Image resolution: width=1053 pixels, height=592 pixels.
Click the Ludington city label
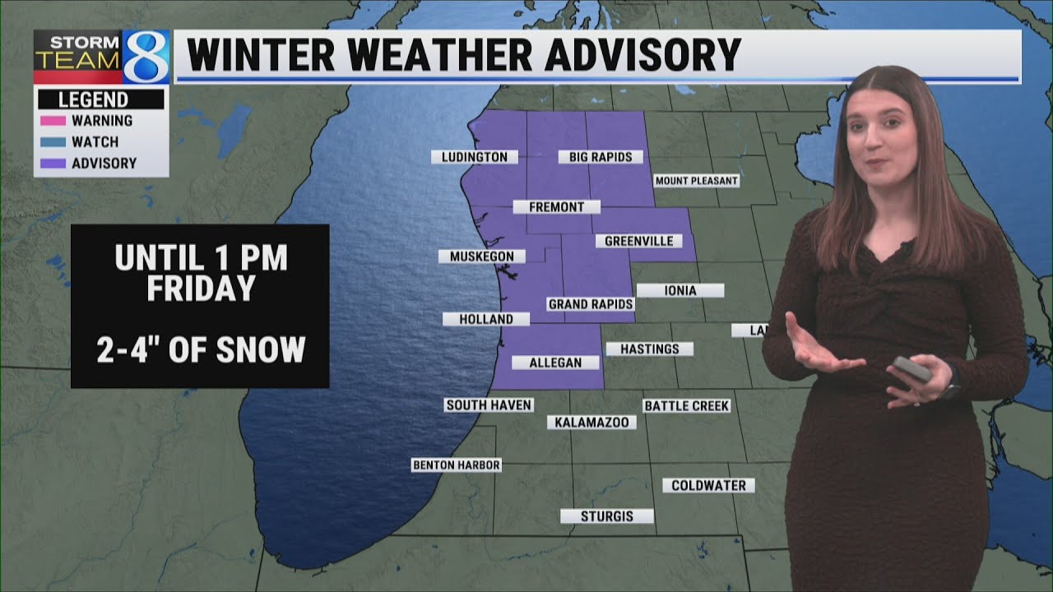click(475, 157)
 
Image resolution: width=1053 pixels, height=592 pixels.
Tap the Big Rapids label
click(601, 157)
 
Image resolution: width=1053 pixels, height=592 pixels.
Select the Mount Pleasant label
click(696, 181)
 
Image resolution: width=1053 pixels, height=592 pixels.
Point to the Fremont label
click(557, 207)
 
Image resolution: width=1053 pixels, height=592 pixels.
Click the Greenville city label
click(639, 242)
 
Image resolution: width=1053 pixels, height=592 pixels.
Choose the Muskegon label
click(482, 257)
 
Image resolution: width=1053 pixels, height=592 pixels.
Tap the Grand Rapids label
click(591, 304)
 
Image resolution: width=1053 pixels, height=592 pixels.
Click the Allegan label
click(555, 363)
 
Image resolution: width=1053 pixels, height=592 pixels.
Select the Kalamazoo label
click(591, 423)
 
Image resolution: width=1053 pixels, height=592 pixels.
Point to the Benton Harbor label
click(457, 465)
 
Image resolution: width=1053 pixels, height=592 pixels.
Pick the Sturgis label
click(607, 516)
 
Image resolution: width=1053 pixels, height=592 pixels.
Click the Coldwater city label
click(708, 486)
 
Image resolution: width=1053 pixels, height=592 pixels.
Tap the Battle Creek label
click(687, 406)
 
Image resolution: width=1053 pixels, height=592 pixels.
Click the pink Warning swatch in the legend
click(52, 121)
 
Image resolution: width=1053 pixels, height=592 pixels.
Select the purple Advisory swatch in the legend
click(52, 164)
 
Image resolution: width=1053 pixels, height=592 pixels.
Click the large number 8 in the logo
click(146, 56)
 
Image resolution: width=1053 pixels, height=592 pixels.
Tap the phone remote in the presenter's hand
click(913, 369)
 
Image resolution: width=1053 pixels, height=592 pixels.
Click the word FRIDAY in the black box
click(201, 289)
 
